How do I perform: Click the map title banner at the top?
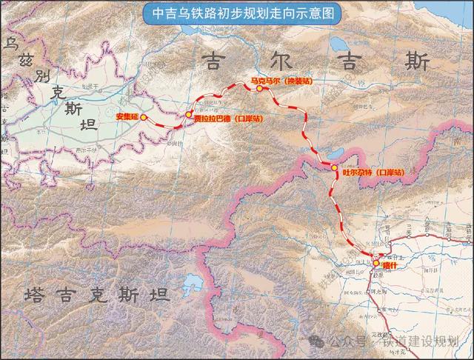[237, 13]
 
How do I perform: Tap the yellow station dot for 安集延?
[144, 118]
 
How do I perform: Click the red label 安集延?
[127, 117]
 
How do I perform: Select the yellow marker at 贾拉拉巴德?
[190, 114]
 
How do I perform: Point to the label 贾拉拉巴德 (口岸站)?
[228, 119]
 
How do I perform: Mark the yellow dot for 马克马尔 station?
[260, 89]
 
